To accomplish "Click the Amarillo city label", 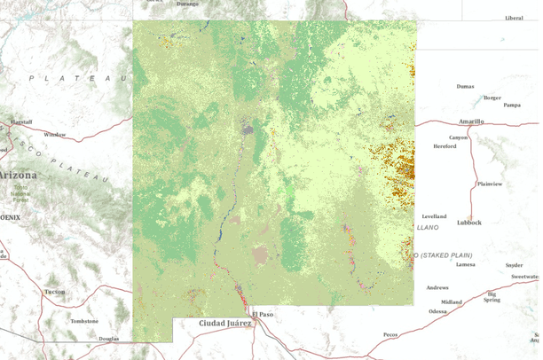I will [x=471, y=121].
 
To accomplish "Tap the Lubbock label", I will [x=468, y=223].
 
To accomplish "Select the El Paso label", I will [x=262, y=314].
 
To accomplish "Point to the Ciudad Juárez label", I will [x=225, y=323].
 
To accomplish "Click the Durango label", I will [x=187, y=4].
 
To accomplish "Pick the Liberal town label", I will [x=514, y=18].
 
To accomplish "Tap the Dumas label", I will [x=464, y=87].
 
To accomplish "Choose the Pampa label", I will [x=511, y=105].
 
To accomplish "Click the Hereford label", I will [x=444, y=146].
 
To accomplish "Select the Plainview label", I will [x=489, y=184].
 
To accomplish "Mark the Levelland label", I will [x=434, y=215].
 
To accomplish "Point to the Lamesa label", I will [x=465, y=264].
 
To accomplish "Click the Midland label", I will [x=452, y=301].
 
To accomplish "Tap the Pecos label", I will [x=390, y=334].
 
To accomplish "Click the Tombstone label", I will [x=83, y=321].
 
